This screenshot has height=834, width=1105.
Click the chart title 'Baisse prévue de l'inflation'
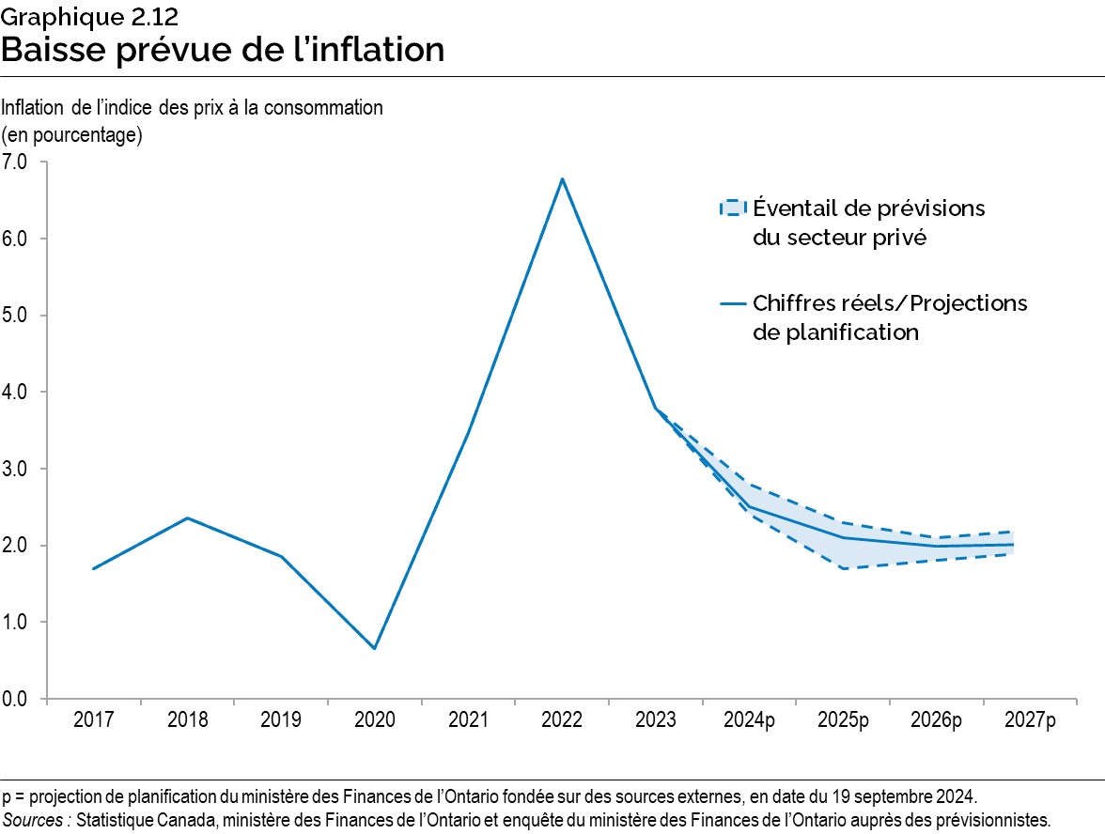click(x=223, y=50)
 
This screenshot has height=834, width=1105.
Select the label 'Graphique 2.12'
click(x=89, y=17)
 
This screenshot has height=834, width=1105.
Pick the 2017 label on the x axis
click(x=93, y=720)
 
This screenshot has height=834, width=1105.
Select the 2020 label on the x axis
click(x=374, y=720)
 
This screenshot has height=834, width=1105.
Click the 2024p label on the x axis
click(x=749, y=720)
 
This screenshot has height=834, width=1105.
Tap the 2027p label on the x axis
click(x=1030, y=720)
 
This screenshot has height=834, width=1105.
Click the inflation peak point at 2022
click(x=562, y=178)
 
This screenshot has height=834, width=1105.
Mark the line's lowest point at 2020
click(x=374, y=648)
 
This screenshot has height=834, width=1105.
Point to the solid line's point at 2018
click(x=187, y=517)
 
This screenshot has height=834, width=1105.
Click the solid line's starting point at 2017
click(x=93, y=568)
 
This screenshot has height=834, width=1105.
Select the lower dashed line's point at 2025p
click(x=843, y=568)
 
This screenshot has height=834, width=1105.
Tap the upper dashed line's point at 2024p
click(x=749, y=484)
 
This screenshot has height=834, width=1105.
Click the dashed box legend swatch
click(x=732, y=208)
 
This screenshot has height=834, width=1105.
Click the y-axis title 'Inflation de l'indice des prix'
click(x=193, y=107)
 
